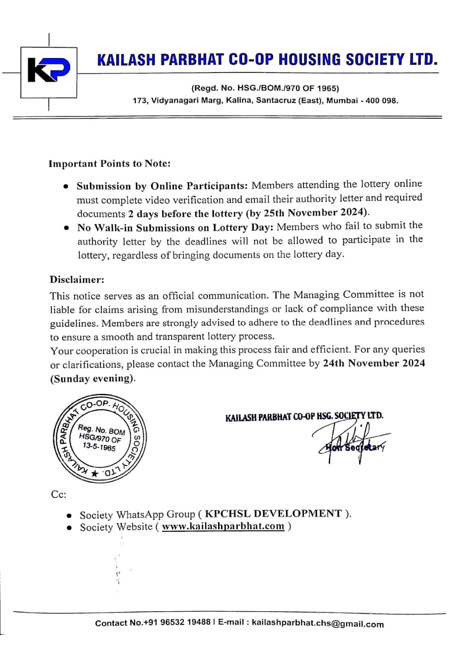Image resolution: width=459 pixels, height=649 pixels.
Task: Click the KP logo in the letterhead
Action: (x=49, y=72)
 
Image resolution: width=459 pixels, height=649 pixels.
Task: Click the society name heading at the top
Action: (x=267, y=60)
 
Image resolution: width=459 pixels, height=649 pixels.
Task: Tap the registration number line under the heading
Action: (x=265, y=88)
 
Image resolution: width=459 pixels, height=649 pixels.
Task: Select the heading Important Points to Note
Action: (x=109, y=163)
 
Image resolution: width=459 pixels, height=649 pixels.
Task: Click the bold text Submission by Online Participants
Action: (x=162, y=186)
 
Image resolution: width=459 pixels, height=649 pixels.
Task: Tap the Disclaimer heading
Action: (x=77, y=279)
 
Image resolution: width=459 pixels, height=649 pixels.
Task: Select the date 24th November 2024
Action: (x=374, y=363)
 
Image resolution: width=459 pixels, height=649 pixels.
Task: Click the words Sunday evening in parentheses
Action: (x=92, y=378)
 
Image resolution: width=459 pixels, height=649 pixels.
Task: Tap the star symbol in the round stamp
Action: (x=95, y=473)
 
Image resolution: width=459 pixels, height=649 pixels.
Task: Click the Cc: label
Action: (x=58, y=494)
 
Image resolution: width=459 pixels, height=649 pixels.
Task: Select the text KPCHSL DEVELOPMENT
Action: (x=273, y=514)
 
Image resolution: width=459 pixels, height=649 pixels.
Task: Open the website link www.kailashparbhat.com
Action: (x=223, y=527)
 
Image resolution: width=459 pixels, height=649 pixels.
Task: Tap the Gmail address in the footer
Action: (x=317, y=623)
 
